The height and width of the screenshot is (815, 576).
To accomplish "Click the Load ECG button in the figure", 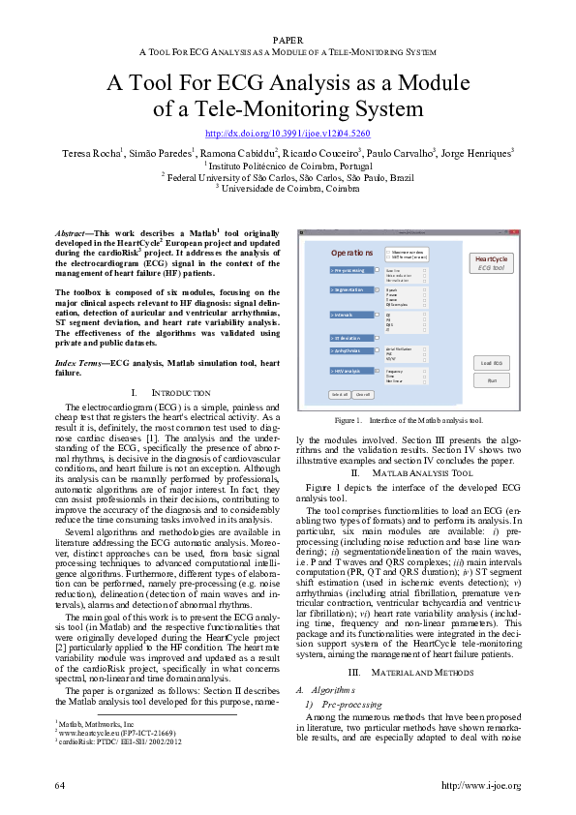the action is pyautogui.click(x=492, y=362).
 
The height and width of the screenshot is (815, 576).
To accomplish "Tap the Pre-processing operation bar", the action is pyautogui.click(x=350, y=271).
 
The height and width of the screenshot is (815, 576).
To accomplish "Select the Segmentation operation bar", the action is pyautogui.click(x=350, y=289).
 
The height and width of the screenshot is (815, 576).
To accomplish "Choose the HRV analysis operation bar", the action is pyautogui.click(x=350, y=371).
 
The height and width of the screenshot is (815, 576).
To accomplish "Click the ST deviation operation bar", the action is pyautogui.click(x=350, y=337).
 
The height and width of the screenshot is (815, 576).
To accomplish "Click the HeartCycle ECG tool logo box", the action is pyautogui.click(x=492, y=263).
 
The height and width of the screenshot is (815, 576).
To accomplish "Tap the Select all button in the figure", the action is pyautogui.click(x=339, y=394).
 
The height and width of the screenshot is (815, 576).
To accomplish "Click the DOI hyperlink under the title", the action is pyautogui.click(x=288, y=133).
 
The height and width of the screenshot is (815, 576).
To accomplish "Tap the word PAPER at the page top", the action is pyautogui.click(x=288, y=39).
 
